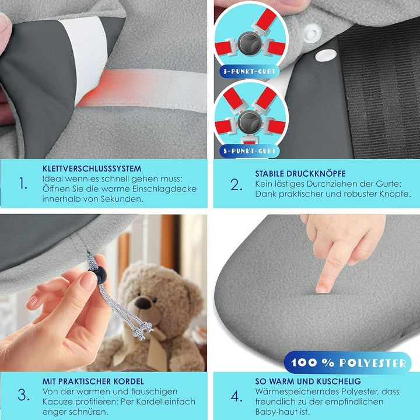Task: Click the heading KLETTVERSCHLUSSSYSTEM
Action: coord(92,169)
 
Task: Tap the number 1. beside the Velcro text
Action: coord(23,184)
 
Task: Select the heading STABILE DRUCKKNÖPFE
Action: coord(300,174)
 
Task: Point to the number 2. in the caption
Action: coord(236,185)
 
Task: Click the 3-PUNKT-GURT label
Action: coord(250,72)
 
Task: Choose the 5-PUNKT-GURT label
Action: coord(250,151)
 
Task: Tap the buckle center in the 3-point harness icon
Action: coord(250,43)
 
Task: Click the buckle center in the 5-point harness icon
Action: coord(250,123)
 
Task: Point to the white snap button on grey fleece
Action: coord(312,33)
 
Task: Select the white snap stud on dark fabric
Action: coord(326,55)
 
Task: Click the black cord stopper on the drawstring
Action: coord(100,275)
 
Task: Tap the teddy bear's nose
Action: coord(143,303)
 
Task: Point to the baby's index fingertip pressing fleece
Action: coord(321,288)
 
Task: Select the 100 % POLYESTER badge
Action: coord(348,363)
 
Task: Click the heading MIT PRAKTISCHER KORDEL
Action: coord(93,381)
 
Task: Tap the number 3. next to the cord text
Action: coord(23,395)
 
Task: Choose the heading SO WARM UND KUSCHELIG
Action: coord(308,381)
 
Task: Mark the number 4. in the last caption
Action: coord(236,396)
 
